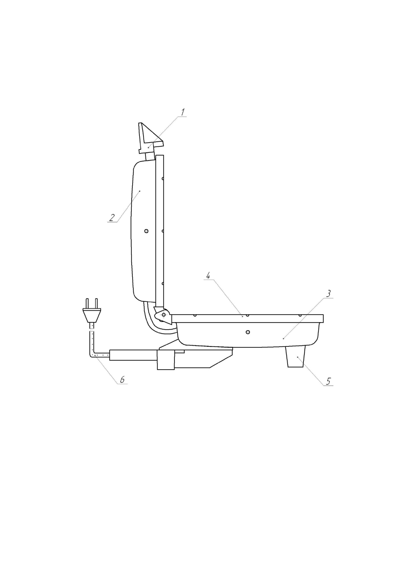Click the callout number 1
tap(183, 112)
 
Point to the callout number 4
tap(208, 276)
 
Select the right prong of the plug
tap(96, 304)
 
